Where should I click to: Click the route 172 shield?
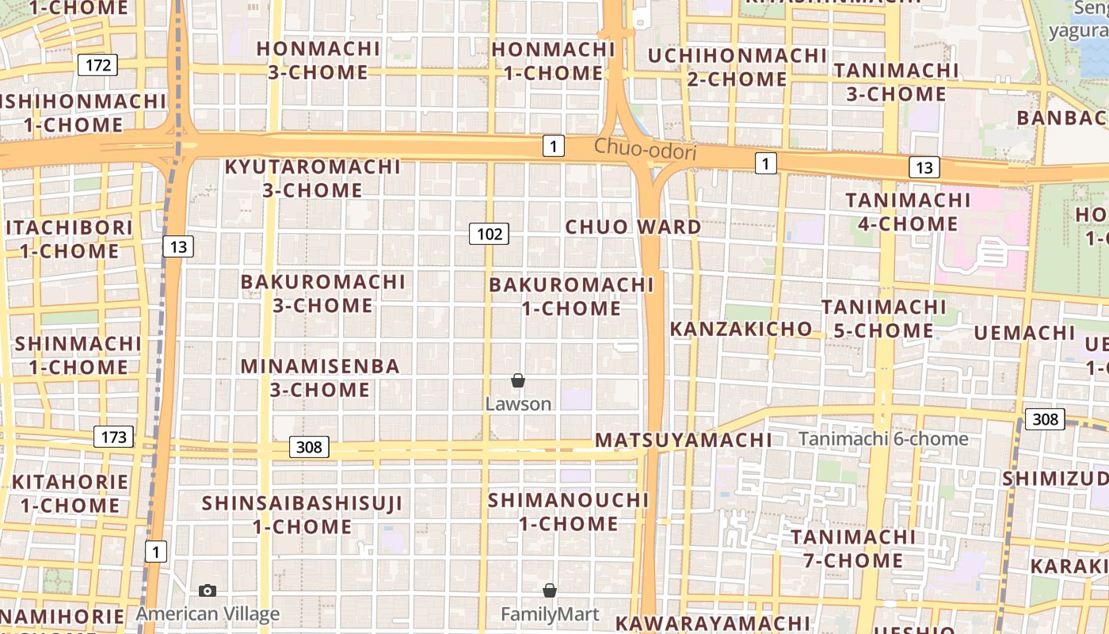click(x=97, y=65)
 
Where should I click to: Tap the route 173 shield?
click(x=113, y=437)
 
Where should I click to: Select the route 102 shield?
click(x=489, y=234)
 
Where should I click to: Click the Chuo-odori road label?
click(x=645, y=148)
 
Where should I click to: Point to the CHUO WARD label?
click(x=633, y=227)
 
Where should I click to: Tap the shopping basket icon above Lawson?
click(x=518, y=381)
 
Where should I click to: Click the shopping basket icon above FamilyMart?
click(x=550, y=591)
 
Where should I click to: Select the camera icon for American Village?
click(x=208, y=591)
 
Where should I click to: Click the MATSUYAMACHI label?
click(x=683, y=441)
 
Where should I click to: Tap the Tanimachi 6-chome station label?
click(x=883, y=439)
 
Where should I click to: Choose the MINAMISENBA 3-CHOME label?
click(x=320, y=378)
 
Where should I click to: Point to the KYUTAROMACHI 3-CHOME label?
click(x=313, y=179)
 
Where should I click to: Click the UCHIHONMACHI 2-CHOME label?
click(x=737, y=67)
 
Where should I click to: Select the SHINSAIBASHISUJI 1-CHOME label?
click(x=302, y=515)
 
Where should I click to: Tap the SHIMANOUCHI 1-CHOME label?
click(x=568, y=512)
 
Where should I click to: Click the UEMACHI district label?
click(x=1023, y=333)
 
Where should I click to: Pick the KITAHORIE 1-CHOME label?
click(x=70, y=493)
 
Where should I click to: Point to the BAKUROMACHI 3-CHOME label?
click(x=322, y=293)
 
